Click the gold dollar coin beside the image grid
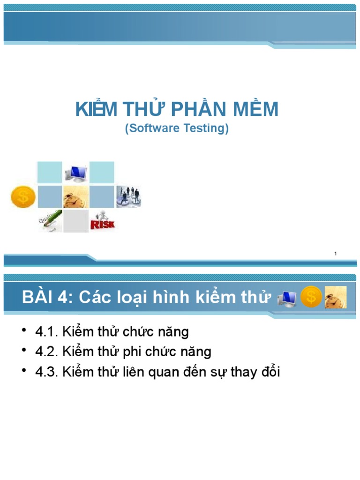(x=22, y=197)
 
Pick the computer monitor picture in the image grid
(x=75, y=173)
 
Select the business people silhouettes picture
(x=128, y=196)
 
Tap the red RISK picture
(x=102, y=221)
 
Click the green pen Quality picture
(x=50, y=221)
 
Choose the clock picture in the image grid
(x=75, y=197)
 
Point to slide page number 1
(x=336, y=254)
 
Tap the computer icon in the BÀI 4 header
(x=287, y=298)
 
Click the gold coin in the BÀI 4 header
(x=311, y=297)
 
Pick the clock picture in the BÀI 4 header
(x=336, y=297)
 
